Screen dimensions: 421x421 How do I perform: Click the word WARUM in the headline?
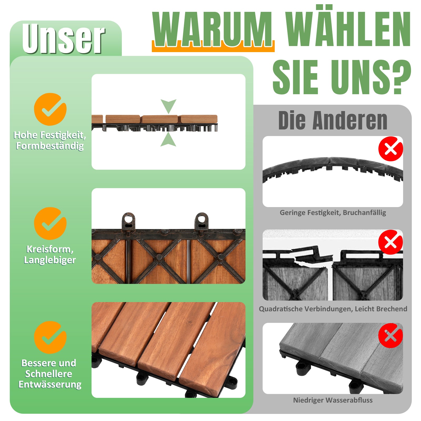coord(212,29)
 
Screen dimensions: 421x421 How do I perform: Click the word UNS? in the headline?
coord(371,77)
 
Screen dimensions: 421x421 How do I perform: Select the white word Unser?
coord(63,38)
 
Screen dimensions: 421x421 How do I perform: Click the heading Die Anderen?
coord(333,121)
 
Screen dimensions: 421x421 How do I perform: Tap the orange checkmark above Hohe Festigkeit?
coord(50,109)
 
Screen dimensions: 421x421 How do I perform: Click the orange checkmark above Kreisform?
coord(50,223)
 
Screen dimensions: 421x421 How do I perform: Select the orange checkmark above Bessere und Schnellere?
coord(50,337)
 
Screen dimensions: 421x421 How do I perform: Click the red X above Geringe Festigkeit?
coord(391,149)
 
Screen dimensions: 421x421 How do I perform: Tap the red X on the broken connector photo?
coord(391,242)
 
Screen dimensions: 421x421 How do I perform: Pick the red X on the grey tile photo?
coord(391,335)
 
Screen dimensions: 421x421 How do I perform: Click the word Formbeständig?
coord(50,146)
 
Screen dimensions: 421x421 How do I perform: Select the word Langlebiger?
coord(50,260)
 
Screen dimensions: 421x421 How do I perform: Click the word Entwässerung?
coord(50,384)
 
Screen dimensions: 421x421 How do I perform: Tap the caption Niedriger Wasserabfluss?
coord(333,400)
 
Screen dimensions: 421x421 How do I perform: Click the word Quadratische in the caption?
coord(281,309)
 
